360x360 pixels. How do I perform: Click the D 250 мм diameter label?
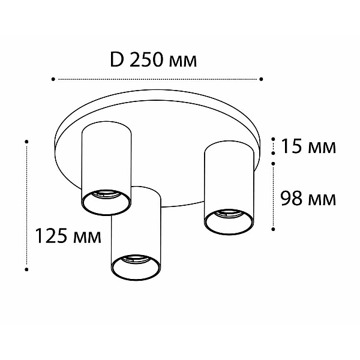click(x=154, y=59)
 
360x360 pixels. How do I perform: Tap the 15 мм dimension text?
click(x=308, y=146)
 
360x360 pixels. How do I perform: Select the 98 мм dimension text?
click(x=308, y=199)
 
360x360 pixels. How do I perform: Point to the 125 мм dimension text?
click(x=68, y=236)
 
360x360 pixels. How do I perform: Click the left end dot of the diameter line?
click(x=53, y=79)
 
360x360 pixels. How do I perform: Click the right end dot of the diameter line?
click(x=261, y=79)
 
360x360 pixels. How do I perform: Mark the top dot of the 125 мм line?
click(x=26, y=142)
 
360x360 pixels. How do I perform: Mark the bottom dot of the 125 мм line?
click(x=26, y=269)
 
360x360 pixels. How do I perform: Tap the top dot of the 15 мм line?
click(x=273, y=139)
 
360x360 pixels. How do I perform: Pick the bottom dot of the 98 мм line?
click(x=273, y=229)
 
